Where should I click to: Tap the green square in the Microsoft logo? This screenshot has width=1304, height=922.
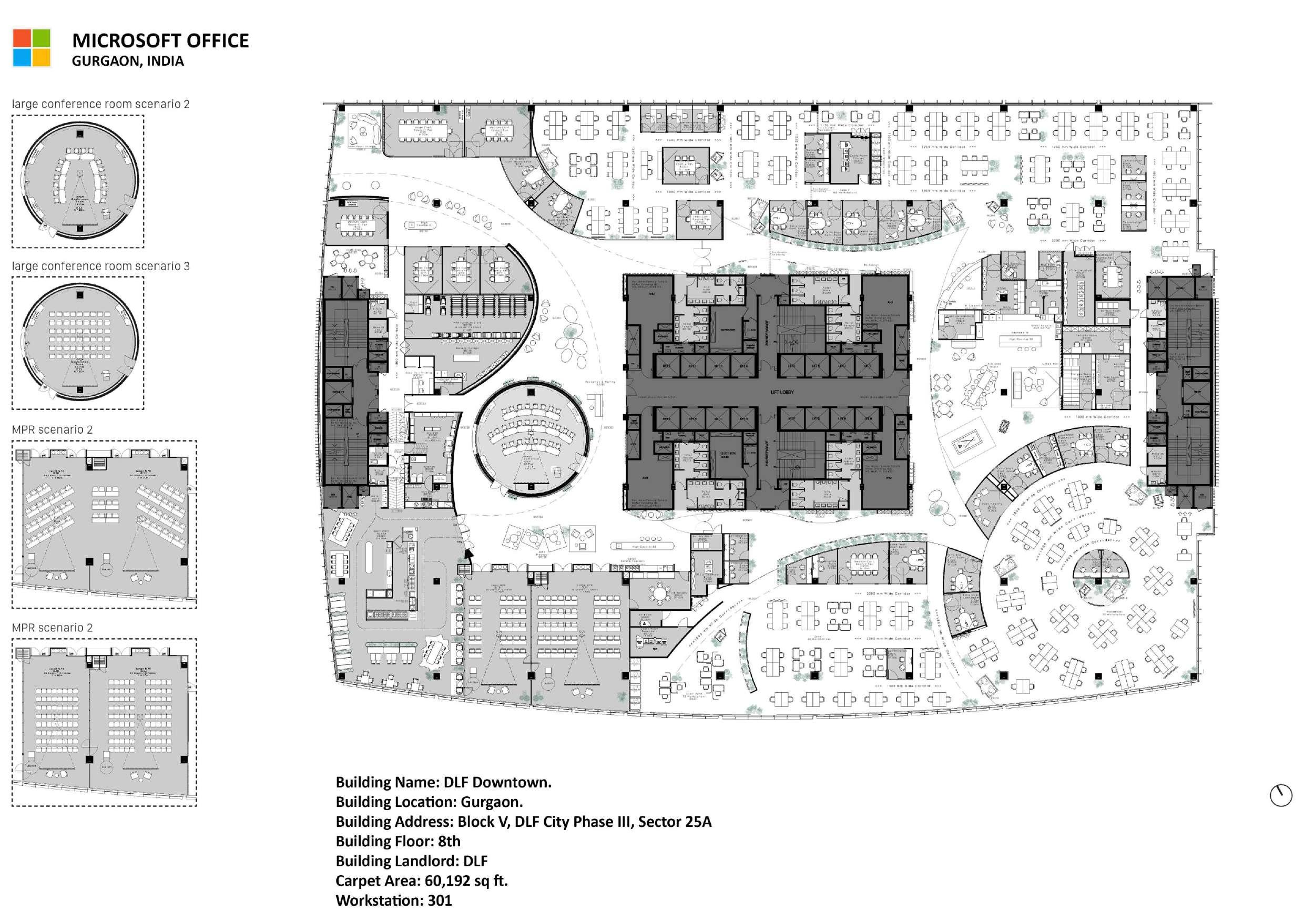[x=41, y=38]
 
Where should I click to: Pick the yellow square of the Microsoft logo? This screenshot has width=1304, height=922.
[x=41, y=57]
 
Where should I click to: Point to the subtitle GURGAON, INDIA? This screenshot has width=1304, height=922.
[x=128, y=62]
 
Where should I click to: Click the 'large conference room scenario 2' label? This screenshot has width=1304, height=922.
[x=100, y=104]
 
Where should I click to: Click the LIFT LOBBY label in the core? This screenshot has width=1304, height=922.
[x=782, y=392]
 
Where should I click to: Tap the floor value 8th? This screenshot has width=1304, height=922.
[x=449, y=841]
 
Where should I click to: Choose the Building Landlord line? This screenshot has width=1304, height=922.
[x=411, y=860]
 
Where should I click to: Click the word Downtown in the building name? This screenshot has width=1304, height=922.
[x=512, y=782]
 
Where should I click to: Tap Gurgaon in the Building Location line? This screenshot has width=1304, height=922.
[x=491, y=802]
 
